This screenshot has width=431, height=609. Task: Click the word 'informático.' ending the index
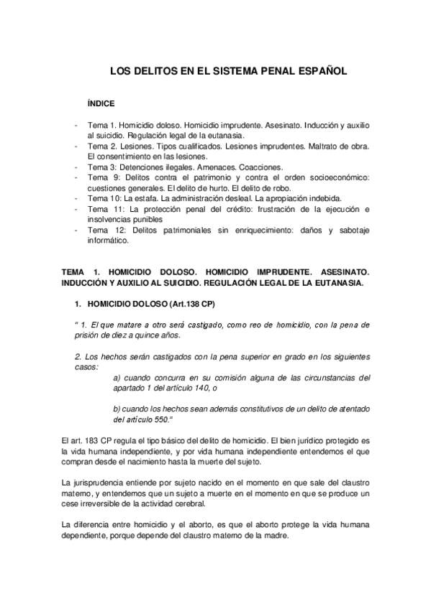coord(107,241)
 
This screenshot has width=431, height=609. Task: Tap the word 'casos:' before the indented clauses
coord(87,366)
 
